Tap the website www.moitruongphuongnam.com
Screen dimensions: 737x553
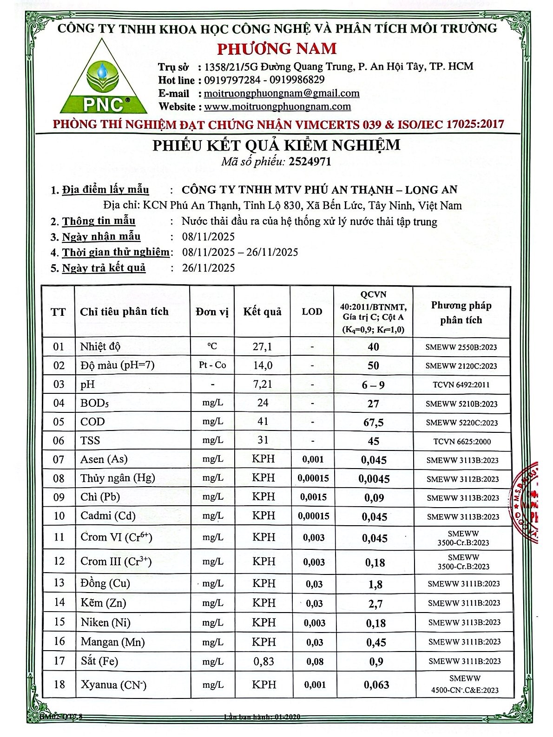coord(277,107)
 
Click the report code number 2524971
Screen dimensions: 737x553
coord(310,162)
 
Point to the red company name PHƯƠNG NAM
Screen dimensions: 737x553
coord(277,48)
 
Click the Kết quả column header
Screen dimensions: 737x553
coord(262,312)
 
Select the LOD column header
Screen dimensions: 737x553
coord(312,312)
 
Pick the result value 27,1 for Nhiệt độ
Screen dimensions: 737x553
coord(263,346)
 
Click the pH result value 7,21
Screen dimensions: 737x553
coord(263,385)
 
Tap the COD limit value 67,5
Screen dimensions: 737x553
coord(374,423)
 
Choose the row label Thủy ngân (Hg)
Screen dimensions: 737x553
coord(118,478)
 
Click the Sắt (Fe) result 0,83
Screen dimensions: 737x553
coord(263,661)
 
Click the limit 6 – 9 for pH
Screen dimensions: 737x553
coord(373,385)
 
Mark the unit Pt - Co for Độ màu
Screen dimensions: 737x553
coord(212,365)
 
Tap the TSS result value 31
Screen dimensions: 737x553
coord(263,440)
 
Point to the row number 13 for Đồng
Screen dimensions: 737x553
coord(59,583)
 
